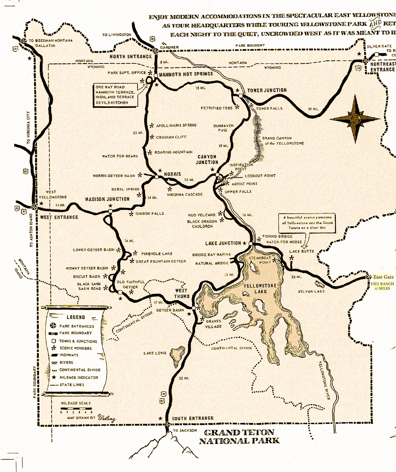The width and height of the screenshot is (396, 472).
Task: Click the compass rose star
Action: pos(355,119)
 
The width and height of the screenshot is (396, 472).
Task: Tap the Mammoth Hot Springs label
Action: pos(186,74)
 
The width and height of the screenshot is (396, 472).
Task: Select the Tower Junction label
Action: pos(267,90)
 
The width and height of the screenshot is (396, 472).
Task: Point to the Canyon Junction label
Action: pos(207,159)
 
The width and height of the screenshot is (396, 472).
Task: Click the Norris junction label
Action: pos(172,174)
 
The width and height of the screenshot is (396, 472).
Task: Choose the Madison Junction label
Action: pos(107,199)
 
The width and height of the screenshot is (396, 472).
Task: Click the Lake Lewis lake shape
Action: pos(177,355)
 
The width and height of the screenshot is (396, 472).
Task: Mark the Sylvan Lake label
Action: pos(312,291)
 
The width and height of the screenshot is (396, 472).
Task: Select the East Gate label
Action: pos(383,277)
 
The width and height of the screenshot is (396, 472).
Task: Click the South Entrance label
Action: pos(193,418)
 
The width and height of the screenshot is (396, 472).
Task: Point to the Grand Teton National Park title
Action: pos(239,437)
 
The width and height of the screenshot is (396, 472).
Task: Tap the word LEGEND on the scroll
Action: pos(76,317)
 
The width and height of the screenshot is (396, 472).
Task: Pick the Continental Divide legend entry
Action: pos(80,370)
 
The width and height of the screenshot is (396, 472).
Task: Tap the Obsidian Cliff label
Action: pos(171,137)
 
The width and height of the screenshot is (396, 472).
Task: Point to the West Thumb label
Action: pos(181,293)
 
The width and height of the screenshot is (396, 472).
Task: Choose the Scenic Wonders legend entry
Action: pos(75,348)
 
